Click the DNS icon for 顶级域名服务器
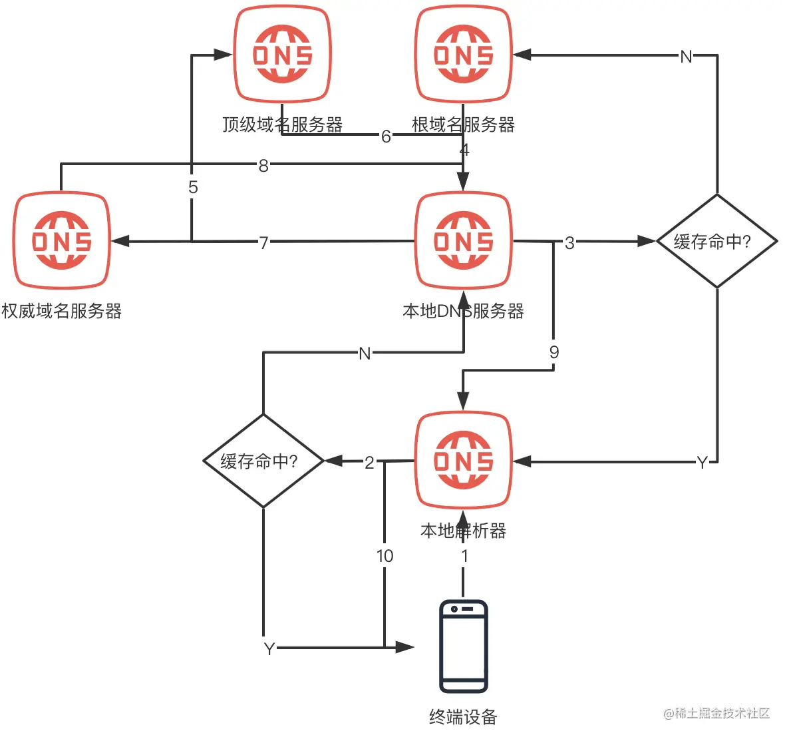282,55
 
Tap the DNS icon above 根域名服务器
464,55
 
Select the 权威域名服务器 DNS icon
62,240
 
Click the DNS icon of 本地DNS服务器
464,240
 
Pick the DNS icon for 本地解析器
464,461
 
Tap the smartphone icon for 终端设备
464,646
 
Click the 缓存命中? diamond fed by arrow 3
716,241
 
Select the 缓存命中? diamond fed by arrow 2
263,461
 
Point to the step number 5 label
193,187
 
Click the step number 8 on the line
263,166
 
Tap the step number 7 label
263,242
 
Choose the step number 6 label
386,136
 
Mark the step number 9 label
553,352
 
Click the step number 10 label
385,556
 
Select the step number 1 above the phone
464,556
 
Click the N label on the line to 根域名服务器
686,57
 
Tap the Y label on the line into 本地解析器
702,463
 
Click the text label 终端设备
464,717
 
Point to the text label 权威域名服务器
62,311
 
